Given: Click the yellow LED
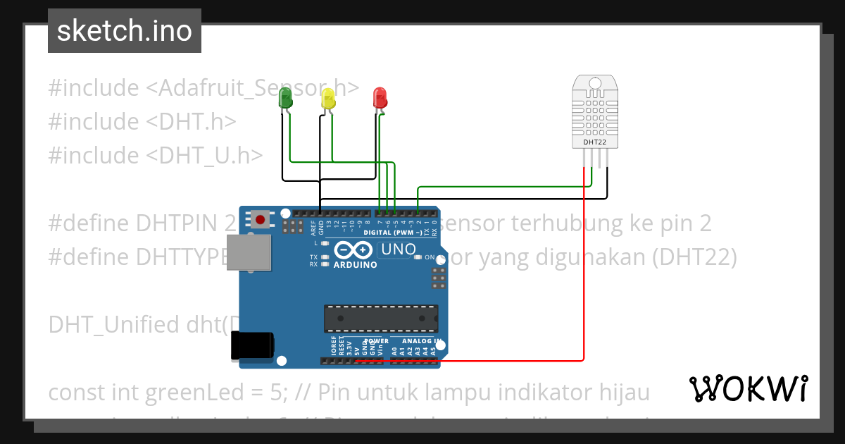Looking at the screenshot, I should point(328,98).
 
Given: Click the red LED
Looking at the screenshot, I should point(380,97).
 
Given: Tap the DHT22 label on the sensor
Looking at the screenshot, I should point(595,142).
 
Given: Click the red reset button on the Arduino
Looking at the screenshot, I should point(261,220).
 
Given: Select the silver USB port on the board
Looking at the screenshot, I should point(249,252).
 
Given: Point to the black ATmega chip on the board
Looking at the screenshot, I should point(380,319).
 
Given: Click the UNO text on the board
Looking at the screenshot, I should point(397,249).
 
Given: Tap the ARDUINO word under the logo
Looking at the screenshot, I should point(355,265).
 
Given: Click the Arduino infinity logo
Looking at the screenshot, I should point(354,251).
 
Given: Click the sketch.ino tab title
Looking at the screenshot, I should point(125,31).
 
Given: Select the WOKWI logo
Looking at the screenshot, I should point(748,388).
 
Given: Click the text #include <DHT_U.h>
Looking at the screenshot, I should point(156,155).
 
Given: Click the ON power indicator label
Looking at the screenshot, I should point(429,257).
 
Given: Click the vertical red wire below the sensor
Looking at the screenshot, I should point(584,282).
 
